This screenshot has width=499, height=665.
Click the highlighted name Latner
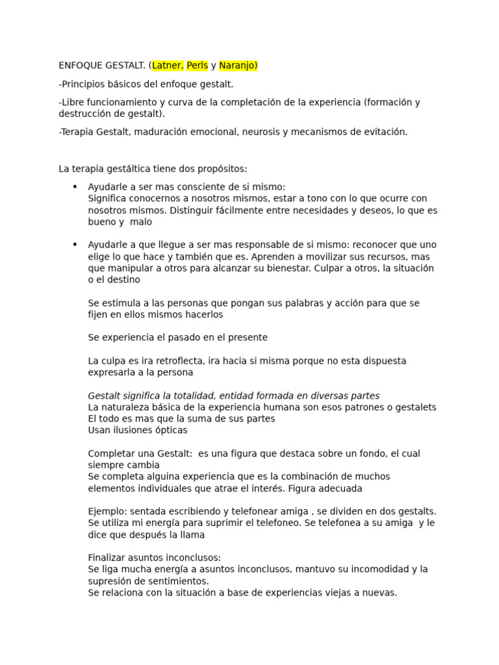pyautogui.click(x=168, y=66)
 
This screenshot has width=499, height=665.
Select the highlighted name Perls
pyautogui.click(x=198, y=66)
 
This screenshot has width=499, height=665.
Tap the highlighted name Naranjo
pyautogui.click(x=238, y=66)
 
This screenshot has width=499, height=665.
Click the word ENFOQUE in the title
pyautogui.click(x=82, y=66)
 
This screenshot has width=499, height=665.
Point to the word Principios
pyautogui.click(x=84, y=84)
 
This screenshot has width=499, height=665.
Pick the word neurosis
pyautogui.click(x=261, y=132)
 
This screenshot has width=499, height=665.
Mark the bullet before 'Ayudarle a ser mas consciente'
pyautogui.click(x=75, y=186)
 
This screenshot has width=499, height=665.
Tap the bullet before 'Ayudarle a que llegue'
pyautogui.click(x=75, y=245)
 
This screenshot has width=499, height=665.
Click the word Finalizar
pyautogui.click(x=107, y=558)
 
